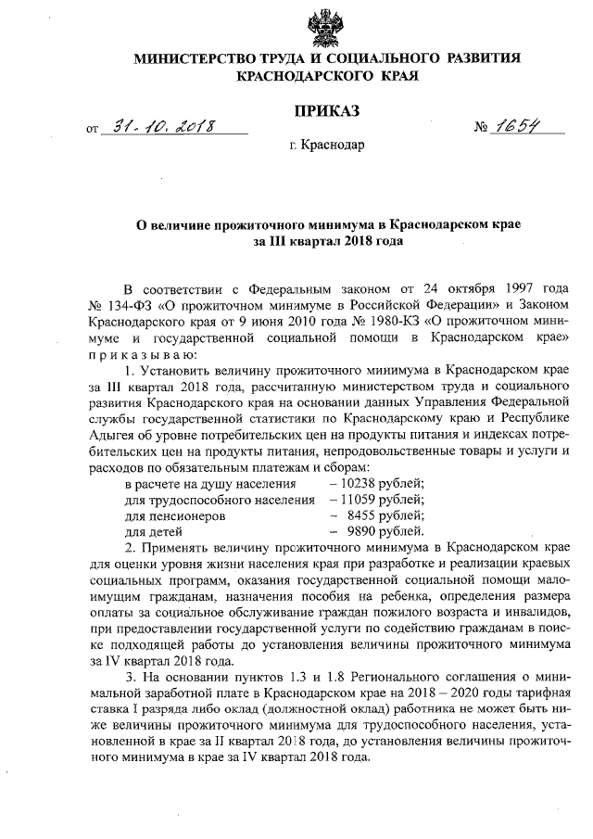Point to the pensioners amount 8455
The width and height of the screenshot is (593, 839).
365,516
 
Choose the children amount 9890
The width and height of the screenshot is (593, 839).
365,532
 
